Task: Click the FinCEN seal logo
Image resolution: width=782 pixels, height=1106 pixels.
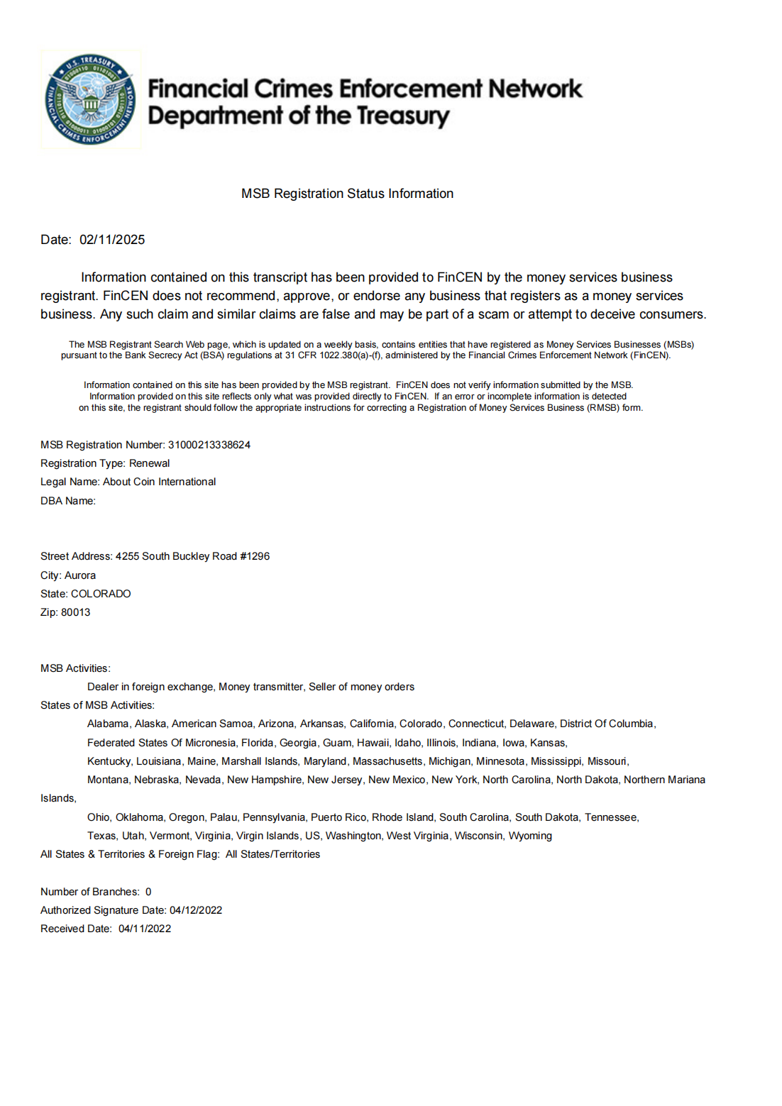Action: [90, 99]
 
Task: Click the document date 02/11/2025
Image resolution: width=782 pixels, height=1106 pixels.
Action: [112, 240]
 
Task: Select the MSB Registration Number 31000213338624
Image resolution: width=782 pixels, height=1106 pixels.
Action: [209, 445]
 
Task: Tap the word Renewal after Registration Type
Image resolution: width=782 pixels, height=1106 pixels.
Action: [149, 463]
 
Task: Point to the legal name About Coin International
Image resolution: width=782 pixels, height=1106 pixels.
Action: [159, 482]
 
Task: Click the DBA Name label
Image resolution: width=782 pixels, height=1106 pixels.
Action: [67, 501]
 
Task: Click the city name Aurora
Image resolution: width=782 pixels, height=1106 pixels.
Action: [80, 575]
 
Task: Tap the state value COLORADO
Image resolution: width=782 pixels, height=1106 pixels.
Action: [101, 594]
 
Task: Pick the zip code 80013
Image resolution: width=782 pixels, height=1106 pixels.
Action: [75, 612]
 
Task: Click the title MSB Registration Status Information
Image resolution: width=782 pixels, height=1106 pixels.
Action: [347, 194]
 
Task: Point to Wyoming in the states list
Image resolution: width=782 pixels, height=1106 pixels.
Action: [530, 836]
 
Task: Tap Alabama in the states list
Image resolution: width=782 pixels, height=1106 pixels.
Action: [108, 724]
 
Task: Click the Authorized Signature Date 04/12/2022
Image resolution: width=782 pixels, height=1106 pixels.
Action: [196, 910]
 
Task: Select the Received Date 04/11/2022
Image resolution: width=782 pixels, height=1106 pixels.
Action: [145, 929]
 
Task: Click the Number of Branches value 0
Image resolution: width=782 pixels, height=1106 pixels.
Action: [148, 892]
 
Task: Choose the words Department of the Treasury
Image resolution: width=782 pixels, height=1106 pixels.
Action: [298, 116]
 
